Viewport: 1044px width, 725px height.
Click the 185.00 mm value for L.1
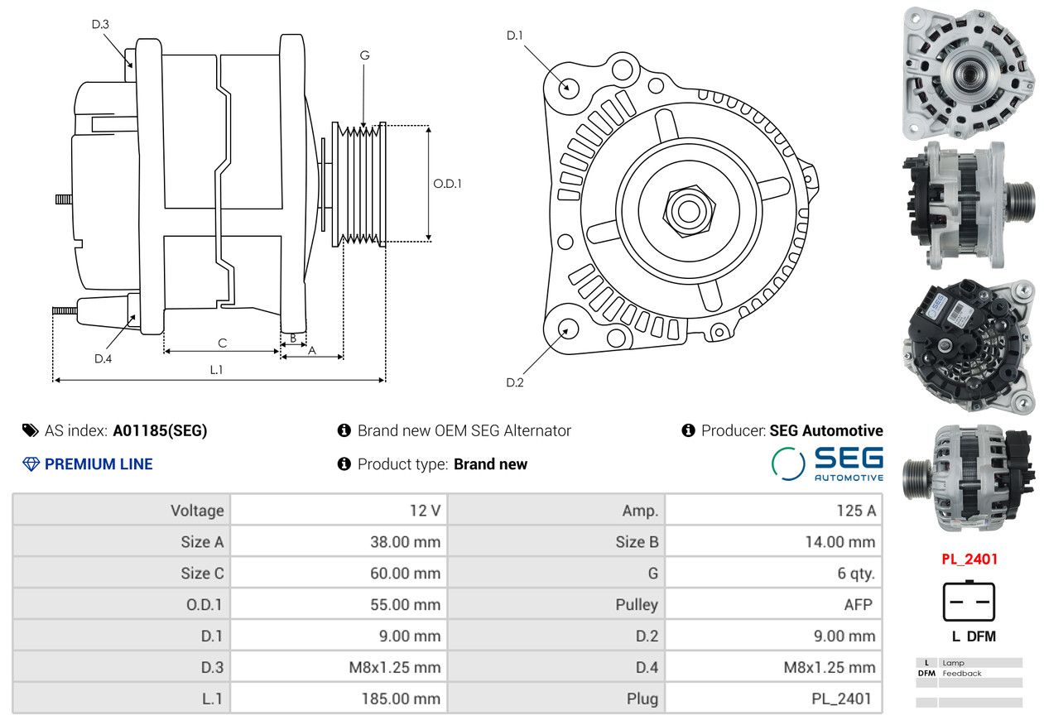(x=400, y=699)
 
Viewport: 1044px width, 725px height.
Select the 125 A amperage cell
(x=855, y=511)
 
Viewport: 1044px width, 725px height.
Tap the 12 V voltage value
(x=425, y=511)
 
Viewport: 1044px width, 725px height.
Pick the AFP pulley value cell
(x=858, y=604)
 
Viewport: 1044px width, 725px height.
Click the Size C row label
(x=202, y=573)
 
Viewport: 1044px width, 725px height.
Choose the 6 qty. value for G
(x=855, y=573)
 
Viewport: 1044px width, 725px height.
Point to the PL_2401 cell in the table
(x=841, y=699)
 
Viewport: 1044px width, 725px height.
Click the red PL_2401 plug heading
(x=969, y=559)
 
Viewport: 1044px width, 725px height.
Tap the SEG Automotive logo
(x=827, y=463)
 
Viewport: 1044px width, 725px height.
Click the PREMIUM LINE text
(x=98, y=464)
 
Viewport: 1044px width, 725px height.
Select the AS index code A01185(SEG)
(x=160, y=430)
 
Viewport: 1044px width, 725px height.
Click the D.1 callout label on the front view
(x=515, y=35)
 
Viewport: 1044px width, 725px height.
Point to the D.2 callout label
(x=515, y=382)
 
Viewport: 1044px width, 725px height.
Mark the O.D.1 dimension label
(x=447, y=184)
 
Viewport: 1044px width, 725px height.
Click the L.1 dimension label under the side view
(x=215, y=370)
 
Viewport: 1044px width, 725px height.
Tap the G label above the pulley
(x=364, y=55)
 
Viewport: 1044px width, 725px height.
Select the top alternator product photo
(x=968, y=73)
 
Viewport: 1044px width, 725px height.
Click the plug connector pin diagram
(x=968, y=602)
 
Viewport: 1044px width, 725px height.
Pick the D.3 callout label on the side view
(x=100, y=24)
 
